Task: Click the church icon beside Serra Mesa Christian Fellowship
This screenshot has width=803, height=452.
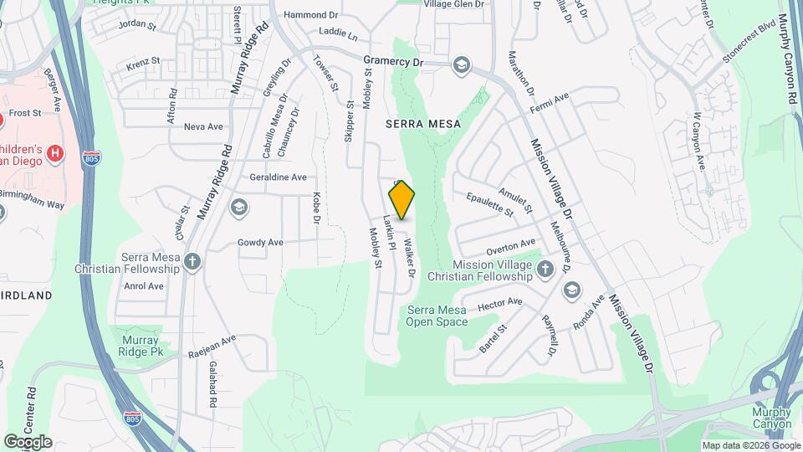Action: pyautogui.click(x=193, y=262)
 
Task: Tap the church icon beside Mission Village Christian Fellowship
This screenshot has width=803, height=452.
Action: pyautogui.click(x=545, y=269)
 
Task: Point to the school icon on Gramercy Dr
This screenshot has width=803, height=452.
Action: pyautogui.click(x=461, y=65)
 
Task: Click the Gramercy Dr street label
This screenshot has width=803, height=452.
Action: pyautogui.click(x=394, y=61)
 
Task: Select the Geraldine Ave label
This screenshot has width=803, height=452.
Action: pyautogui.click(x=279, y=177)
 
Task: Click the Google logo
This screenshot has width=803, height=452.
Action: pyautogui.click(x=28, y=442)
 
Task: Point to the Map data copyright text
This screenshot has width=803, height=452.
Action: pyautogui.click(x=750, y=446)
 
